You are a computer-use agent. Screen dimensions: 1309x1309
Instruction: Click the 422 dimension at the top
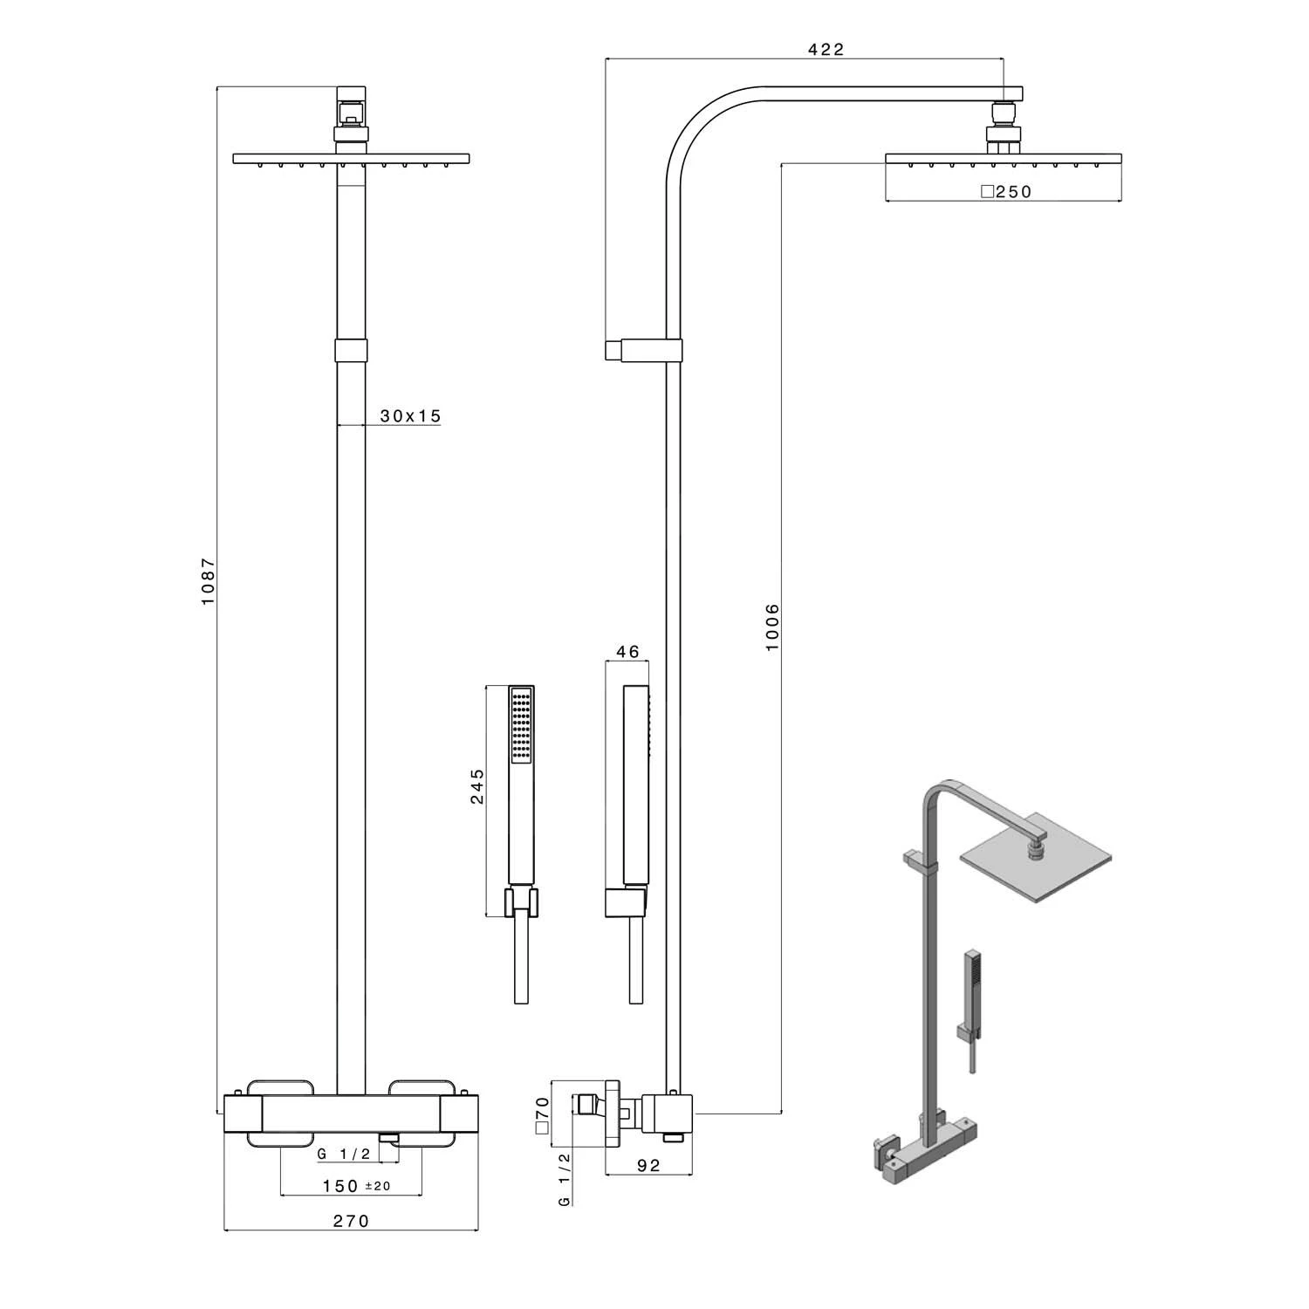coord(826,50)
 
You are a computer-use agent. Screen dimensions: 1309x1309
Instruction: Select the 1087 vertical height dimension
coord(208,582)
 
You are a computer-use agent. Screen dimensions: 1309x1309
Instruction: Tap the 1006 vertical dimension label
coord(772,626)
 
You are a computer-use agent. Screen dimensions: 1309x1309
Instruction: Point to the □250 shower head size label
coord(1006,192)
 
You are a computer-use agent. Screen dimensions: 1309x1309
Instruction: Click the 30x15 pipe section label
coord(410,416)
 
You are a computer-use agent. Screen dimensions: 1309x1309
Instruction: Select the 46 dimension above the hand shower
coord(627,651)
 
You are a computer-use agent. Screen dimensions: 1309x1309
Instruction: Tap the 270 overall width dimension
coord(351,1221)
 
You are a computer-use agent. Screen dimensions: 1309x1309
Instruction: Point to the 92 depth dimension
coord(648,1166)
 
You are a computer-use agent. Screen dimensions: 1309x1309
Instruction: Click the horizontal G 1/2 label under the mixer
coord(344,1154)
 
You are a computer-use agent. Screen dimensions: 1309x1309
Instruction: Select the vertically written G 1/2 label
coord(565,1179)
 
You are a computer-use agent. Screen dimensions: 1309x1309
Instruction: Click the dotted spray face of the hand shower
coord(522,725)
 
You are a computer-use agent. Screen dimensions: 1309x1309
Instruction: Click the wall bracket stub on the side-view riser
coord(613,350)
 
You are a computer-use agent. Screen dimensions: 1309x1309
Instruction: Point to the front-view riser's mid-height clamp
coord(351,350)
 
